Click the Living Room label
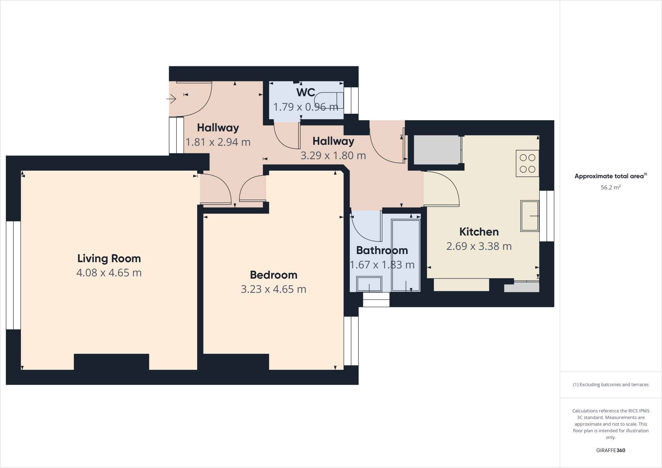(109, 258)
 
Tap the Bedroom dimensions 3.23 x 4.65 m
(273, 289)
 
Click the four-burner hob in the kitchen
(527, 163)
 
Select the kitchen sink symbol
(529, 216)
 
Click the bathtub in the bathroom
(406, 255)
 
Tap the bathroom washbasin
(369, 284)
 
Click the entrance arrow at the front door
(172, 99)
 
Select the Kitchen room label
(479, 232)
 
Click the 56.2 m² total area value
(610, 187)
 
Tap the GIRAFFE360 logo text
(610, 450)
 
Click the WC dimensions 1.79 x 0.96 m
(305, 107)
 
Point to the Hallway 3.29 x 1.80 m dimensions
(333, 155)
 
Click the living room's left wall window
(13, 275)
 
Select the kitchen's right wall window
(547, 216)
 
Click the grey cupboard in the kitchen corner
(437, 150)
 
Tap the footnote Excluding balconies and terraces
(610, 385)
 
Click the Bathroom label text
(382, 250)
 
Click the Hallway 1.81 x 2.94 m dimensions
(218, 142)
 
